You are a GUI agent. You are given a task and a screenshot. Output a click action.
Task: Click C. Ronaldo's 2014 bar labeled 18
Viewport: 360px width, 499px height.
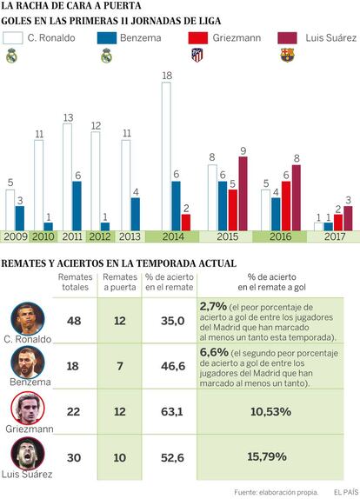click(166, 156)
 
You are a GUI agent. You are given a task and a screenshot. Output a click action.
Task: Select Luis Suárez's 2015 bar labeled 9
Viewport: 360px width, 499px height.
click(243, 194)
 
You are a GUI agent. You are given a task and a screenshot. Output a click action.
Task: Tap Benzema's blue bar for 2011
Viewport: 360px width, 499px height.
click(77, 206)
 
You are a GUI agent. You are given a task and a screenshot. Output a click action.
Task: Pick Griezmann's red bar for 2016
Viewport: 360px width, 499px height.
click(286, 206)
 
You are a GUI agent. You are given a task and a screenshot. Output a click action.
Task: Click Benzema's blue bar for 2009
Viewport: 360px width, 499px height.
click(20, 218)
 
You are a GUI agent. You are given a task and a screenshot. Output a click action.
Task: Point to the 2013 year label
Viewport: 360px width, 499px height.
click(130, 236)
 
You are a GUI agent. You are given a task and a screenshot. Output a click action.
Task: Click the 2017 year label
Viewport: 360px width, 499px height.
click(335, 236)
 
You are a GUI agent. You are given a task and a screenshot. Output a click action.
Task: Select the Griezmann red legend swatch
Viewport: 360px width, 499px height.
click(198, 38)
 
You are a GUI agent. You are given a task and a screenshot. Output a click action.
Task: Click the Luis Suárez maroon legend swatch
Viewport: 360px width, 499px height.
click(288, 38)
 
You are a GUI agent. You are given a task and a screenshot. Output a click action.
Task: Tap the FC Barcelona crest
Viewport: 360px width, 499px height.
click(288, 55)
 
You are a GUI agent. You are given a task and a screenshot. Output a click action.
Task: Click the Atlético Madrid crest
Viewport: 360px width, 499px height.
click(197, 55)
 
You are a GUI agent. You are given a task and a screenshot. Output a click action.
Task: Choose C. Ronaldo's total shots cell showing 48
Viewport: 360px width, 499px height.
click(74, 321)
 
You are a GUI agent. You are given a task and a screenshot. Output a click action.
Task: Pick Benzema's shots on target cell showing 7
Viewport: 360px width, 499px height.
click(120, 366)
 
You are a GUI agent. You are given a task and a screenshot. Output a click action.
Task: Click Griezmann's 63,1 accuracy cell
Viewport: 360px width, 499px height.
click(172, 412)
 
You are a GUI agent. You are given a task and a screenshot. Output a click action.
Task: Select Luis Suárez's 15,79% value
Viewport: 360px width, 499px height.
click(267, 457)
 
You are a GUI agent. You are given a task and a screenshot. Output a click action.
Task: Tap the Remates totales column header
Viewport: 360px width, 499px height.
click(75, 282)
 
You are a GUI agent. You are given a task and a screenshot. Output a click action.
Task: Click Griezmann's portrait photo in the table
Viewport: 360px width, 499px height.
click(28, 409)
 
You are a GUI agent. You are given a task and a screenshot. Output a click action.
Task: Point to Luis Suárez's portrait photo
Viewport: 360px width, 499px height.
click(28, 454)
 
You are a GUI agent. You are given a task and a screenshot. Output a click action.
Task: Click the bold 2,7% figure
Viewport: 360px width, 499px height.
click(213, 307)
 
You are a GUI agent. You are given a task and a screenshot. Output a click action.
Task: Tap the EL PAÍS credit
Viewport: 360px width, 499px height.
click(346, 492)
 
